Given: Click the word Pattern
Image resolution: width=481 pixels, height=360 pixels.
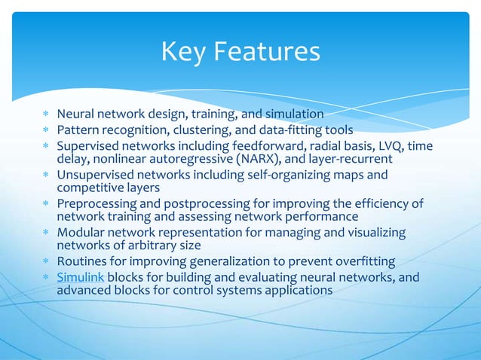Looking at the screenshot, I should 79,130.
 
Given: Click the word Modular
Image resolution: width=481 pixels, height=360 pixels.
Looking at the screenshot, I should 81,232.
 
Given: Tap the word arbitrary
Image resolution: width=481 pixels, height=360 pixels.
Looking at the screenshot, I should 151,246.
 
